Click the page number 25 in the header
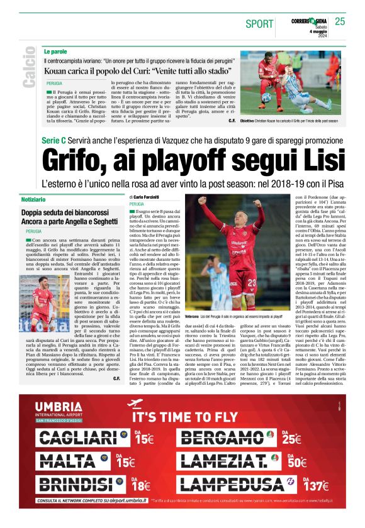(x=340, y=21)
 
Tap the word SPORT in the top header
(x=259, y=24)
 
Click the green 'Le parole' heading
(x=55, y=50)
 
